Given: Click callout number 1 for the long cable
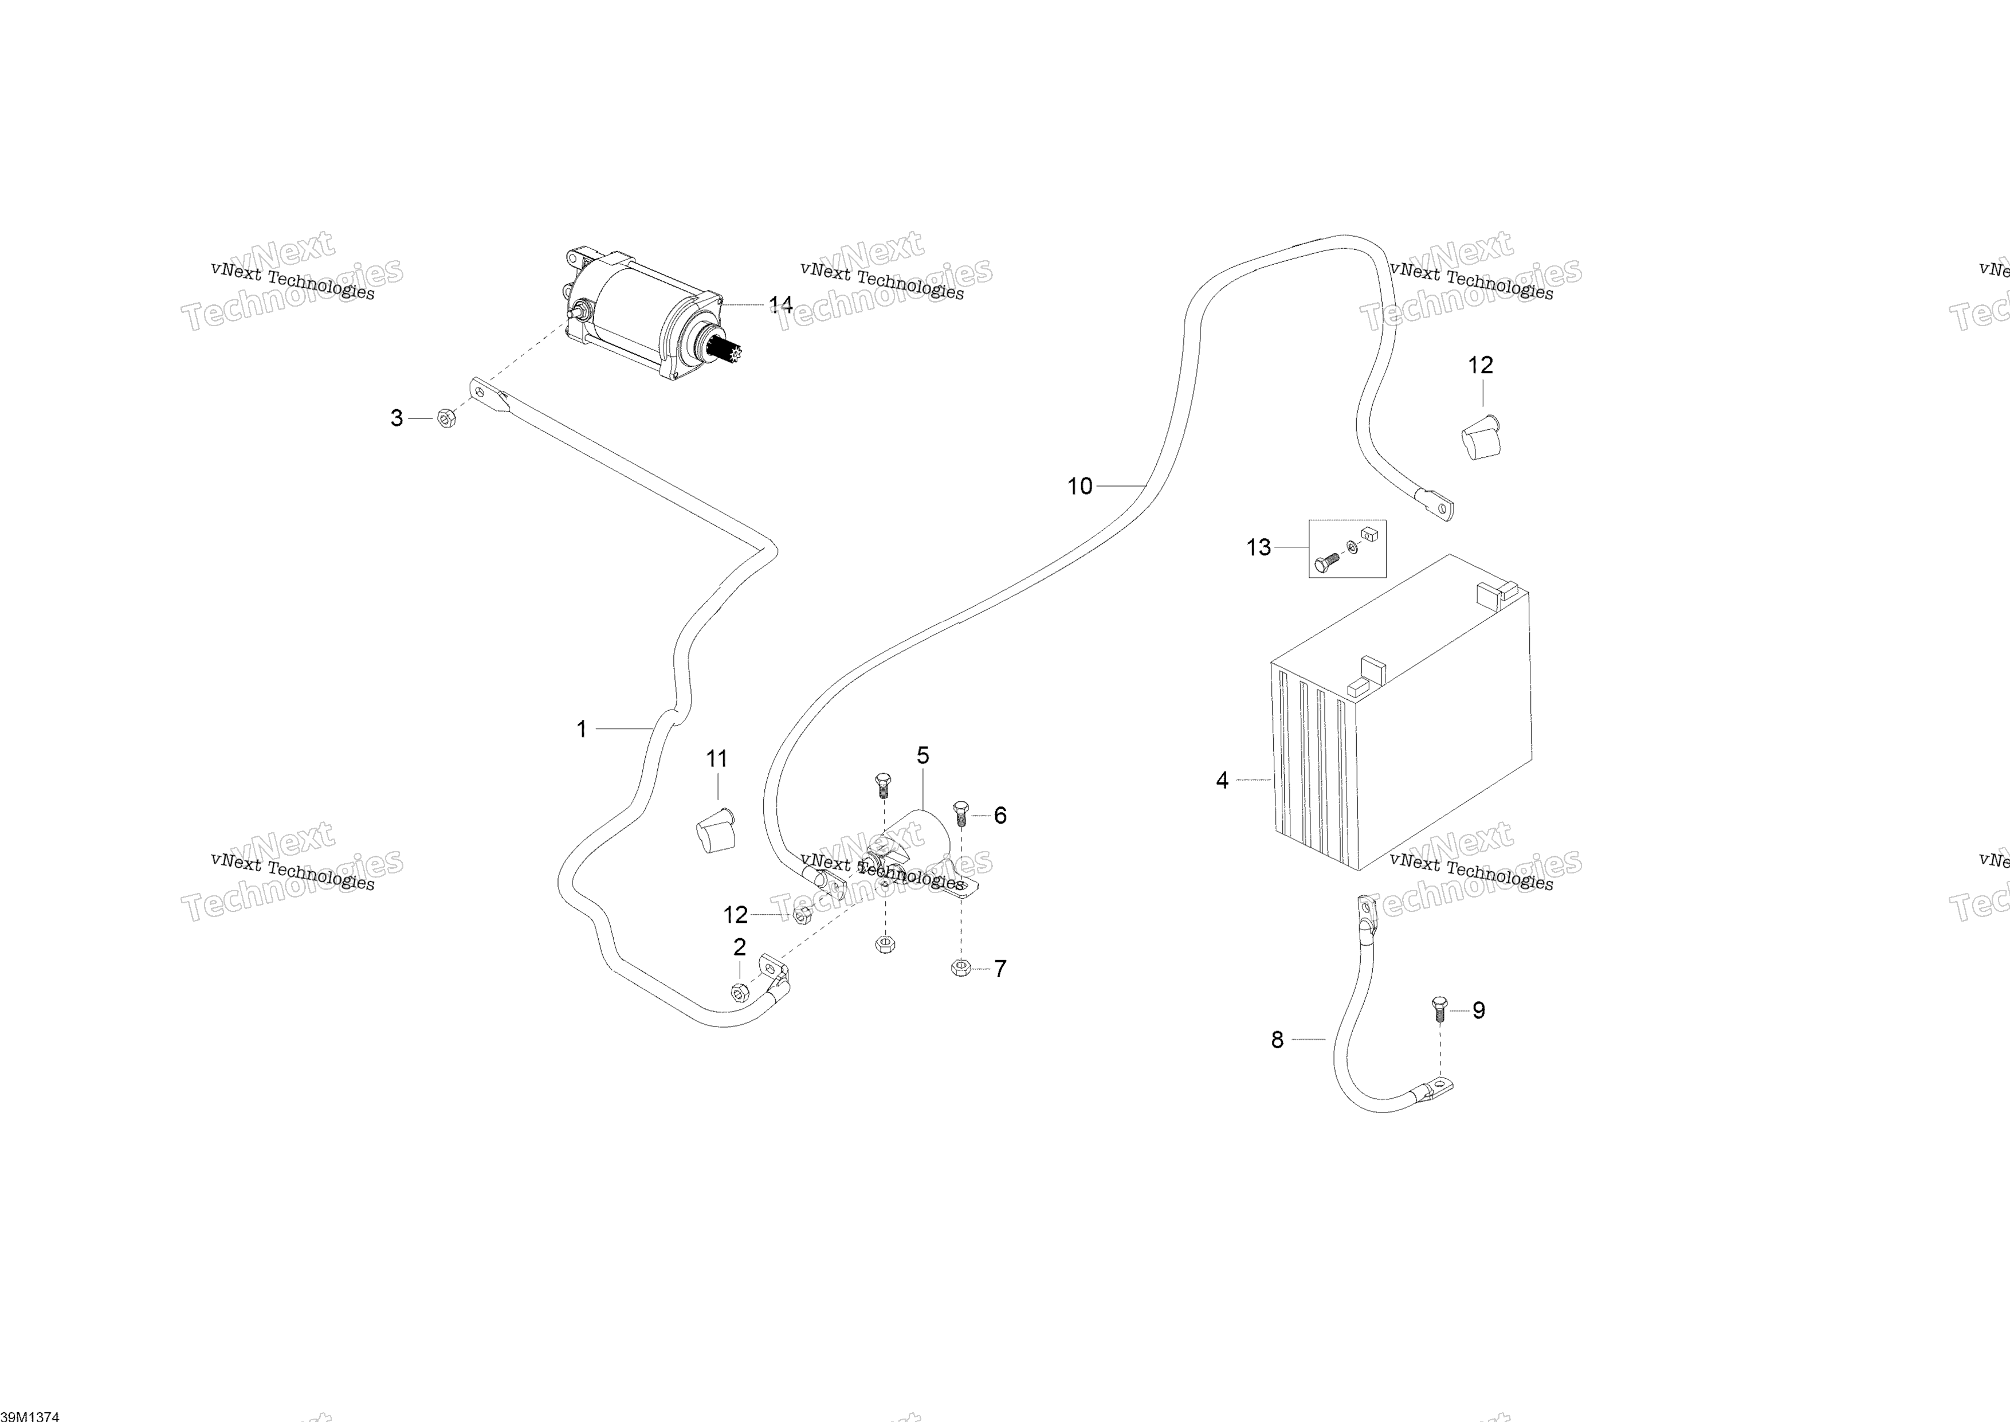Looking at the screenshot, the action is pyautogui.click(x=582, y=728).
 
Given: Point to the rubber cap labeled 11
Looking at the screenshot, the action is pyautogui.click(x=715, y=830).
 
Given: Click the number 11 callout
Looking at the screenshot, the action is pyautogui.click(x=717, y=758).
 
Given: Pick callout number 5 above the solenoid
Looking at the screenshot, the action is pyautogui.click(x=922, y=755).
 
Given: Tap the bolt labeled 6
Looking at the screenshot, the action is pyautogui.click(x=960, y=813).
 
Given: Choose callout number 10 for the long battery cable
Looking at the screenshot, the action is pyautogui.click(x=1079, y=486).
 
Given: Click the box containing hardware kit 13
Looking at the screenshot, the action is pyautogui.click(x=1347, y=548).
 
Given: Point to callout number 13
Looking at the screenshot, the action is pyautogui.click(x=1258, y=547).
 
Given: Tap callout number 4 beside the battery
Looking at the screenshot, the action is pyautogui.click(x=1222, y=779).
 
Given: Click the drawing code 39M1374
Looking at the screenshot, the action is pyautogui.click(x=30, y=1416).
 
